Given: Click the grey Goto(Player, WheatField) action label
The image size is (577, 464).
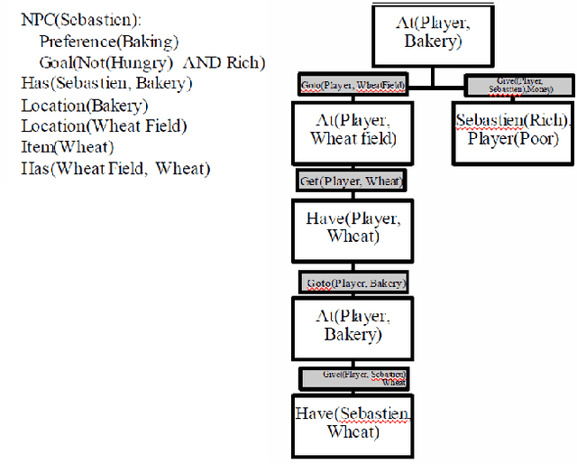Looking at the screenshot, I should (353, 86).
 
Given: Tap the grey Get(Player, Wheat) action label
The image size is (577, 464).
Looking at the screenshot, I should (353, 181).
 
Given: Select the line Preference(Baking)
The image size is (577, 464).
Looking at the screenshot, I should (109, 42).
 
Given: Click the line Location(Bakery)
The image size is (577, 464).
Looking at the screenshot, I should (84, 105).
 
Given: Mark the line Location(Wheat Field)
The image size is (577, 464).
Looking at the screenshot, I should (104, 125).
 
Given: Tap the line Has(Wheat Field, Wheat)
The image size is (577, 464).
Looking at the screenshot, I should (115, 168).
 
